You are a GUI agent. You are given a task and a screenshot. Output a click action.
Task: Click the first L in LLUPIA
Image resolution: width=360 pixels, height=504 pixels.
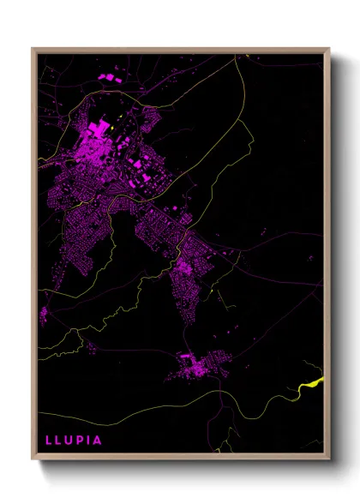pos(48,441)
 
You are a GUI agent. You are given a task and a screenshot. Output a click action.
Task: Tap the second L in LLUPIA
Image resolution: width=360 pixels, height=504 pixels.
pos(59,441)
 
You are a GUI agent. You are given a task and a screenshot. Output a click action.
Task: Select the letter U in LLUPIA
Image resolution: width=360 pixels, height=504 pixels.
pos(71,441)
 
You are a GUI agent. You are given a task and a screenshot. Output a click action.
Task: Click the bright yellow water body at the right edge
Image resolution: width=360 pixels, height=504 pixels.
pos(315,383)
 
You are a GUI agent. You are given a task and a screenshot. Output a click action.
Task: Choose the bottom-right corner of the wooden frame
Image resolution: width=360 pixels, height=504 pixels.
pos(328,459)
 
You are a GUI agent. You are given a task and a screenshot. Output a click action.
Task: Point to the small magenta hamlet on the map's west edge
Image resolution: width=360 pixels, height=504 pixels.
pos(43,314)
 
